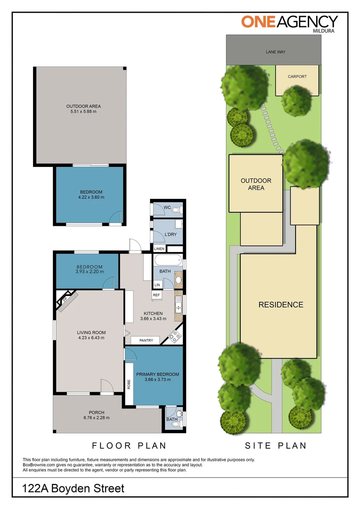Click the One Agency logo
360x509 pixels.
(x=289, y=22)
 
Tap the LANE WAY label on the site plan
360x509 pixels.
(x=276, y=52)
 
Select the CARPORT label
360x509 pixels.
(x=297, y=76)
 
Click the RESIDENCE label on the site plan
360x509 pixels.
(x=280, y=305)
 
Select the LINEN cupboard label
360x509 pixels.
(x=159, y=249)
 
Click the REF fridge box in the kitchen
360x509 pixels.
(x=156, y=295)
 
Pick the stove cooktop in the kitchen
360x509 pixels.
(x=174, y=336)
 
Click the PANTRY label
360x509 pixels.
(x=146, y=340)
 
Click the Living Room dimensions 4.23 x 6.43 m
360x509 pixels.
(x=91, y=338)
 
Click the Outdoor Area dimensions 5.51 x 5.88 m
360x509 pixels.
(x=83, y=112)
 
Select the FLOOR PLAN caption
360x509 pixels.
(x=129, y=445)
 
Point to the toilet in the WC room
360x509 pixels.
(x=175, y=209)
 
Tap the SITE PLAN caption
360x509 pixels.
(x=275, y=445)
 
